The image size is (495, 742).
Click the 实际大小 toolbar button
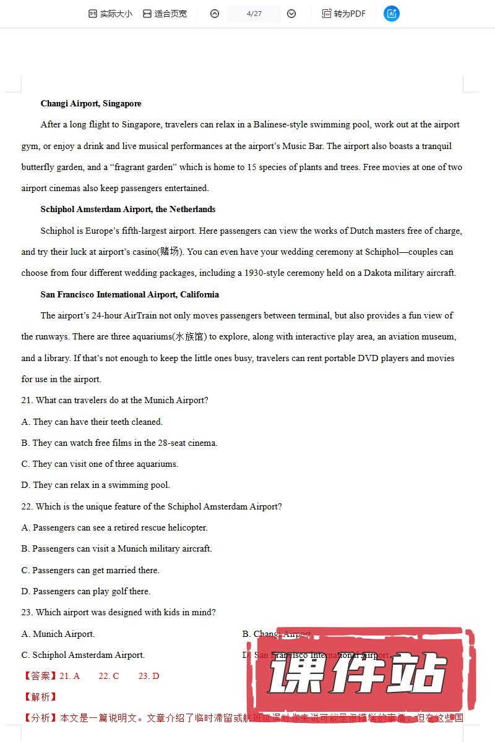point(110,14)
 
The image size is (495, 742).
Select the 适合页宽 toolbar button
point(165,14)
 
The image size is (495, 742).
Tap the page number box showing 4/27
point(254,14)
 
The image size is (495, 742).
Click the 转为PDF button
point(344,14)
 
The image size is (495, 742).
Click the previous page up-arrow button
point(215,14)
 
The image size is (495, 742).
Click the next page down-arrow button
point(291,14)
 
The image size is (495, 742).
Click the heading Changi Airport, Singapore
point(91,103)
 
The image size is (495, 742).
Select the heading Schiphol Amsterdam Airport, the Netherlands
point(128,209)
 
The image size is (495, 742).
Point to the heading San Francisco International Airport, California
point(130,294)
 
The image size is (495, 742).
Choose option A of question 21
point(92,422)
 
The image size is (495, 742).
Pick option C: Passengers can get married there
point(90,570)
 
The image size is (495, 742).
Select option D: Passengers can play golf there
point(86,591)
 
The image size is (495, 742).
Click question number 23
point(27,612)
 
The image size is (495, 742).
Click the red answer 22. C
point(109,676)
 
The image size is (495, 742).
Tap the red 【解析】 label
point(40,697)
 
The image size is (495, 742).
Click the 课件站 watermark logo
point(359,673)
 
